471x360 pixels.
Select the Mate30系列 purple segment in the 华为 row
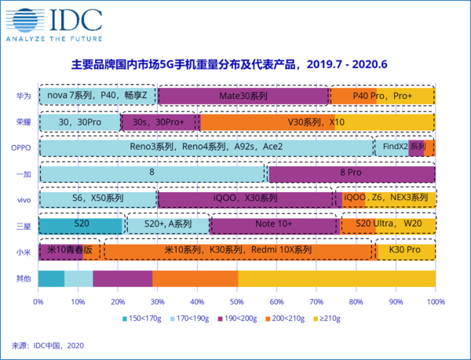click(x=244, y=96)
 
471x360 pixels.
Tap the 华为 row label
click(x=24, y=96)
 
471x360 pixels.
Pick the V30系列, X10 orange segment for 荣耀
click(x=316, y=122)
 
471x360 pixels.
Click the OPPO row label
click(x=20, y=147)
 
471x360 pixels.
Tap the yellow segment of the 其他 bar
click(x=336, y=278)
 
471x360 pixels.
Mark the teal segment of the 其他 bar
click(x=51, y=278)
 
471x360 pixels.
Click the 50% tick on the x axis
click(x=236, y=301)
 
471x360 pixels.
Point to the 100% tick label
click(x=434, y=301)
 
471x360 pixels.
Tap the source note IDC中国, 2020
click(x=47, y=345)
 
